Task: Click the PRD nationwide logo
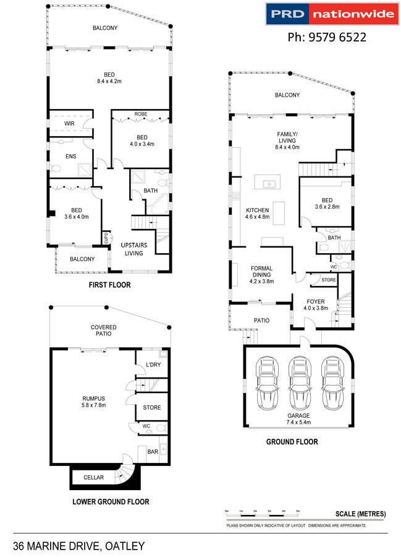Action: [332, 14]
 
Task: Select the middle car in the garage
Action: [299, 383]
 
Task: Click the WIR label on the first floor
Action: [69, 124]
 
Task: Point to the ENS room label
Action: [71, 157]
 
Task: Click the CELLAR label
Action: [93, 477]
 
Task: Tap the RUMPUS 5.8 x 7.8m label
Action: [93, 402]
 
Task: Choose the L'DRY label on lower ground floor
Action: [153, 365]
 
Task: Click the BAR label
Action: [153, 452]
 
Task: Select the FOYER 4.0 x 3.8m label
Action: [316, 304]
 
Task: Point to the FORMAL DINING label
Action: [261, 272]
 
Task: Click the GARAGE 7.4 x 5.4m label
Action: [298, 419]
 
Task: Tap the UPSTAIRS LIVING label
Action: [133, 249]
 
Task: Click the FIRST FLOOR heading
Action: [109, 285]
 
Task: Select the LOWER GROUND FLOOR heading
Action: [111, 501]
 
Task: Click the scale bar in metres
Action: [263, 514]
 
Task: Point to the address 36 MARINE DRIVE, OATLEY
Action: [78, 546]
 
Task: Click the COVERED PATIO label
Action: [104, 330]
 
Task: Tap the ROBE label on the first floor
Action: [141, 114]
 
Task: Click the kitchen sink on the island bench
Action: [269, 184]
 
